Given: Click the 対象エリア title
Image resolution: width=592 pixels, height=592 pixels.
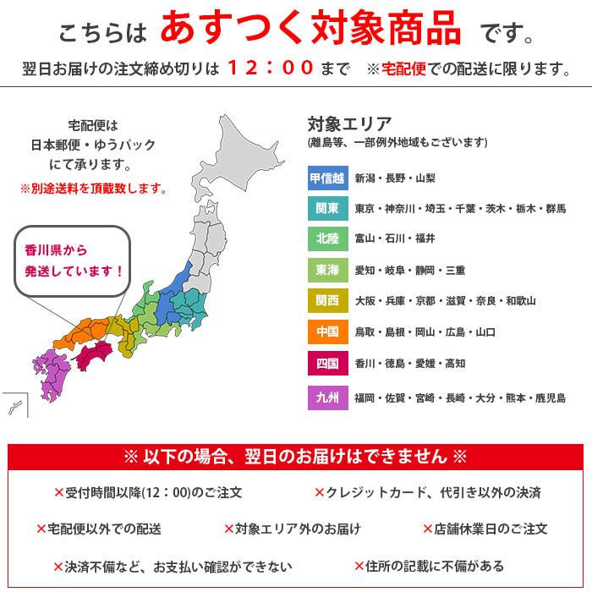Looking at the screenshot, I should (x=349, y=123).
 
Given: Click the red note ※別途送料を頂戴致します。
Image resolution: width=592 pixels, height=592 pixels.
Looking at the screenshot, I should (x=93, y=187).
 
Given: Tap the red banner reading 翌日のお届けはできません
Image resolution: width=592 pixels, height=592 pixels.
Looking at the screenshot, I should (x=295, y=457).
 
